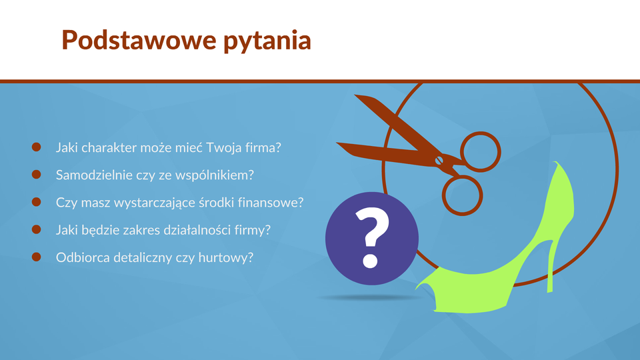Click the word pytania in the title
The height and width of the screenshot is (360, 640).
[267, 41]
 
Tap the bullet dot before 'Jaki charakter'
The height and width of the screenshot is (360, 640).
[36, 147]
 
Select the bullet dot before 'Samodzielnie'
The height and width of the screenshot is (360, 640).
[36, 174]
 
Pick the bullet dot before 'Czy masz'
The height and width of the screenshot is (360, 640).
[36, 201]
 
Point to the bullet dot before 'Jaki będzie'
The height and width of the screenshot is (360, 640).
[36, 229]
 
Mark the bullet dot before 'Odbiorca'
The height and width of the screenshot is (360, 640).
[36, 257]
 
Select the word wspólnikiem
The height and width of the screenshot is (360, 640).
[214, 175]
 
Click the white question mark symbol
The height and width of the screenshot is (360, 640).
[372, 237]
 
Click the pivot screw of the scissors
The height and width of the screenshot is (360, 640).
[439, 161]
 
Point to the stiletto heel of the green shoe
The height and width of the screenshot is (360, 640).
[551, 265]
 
